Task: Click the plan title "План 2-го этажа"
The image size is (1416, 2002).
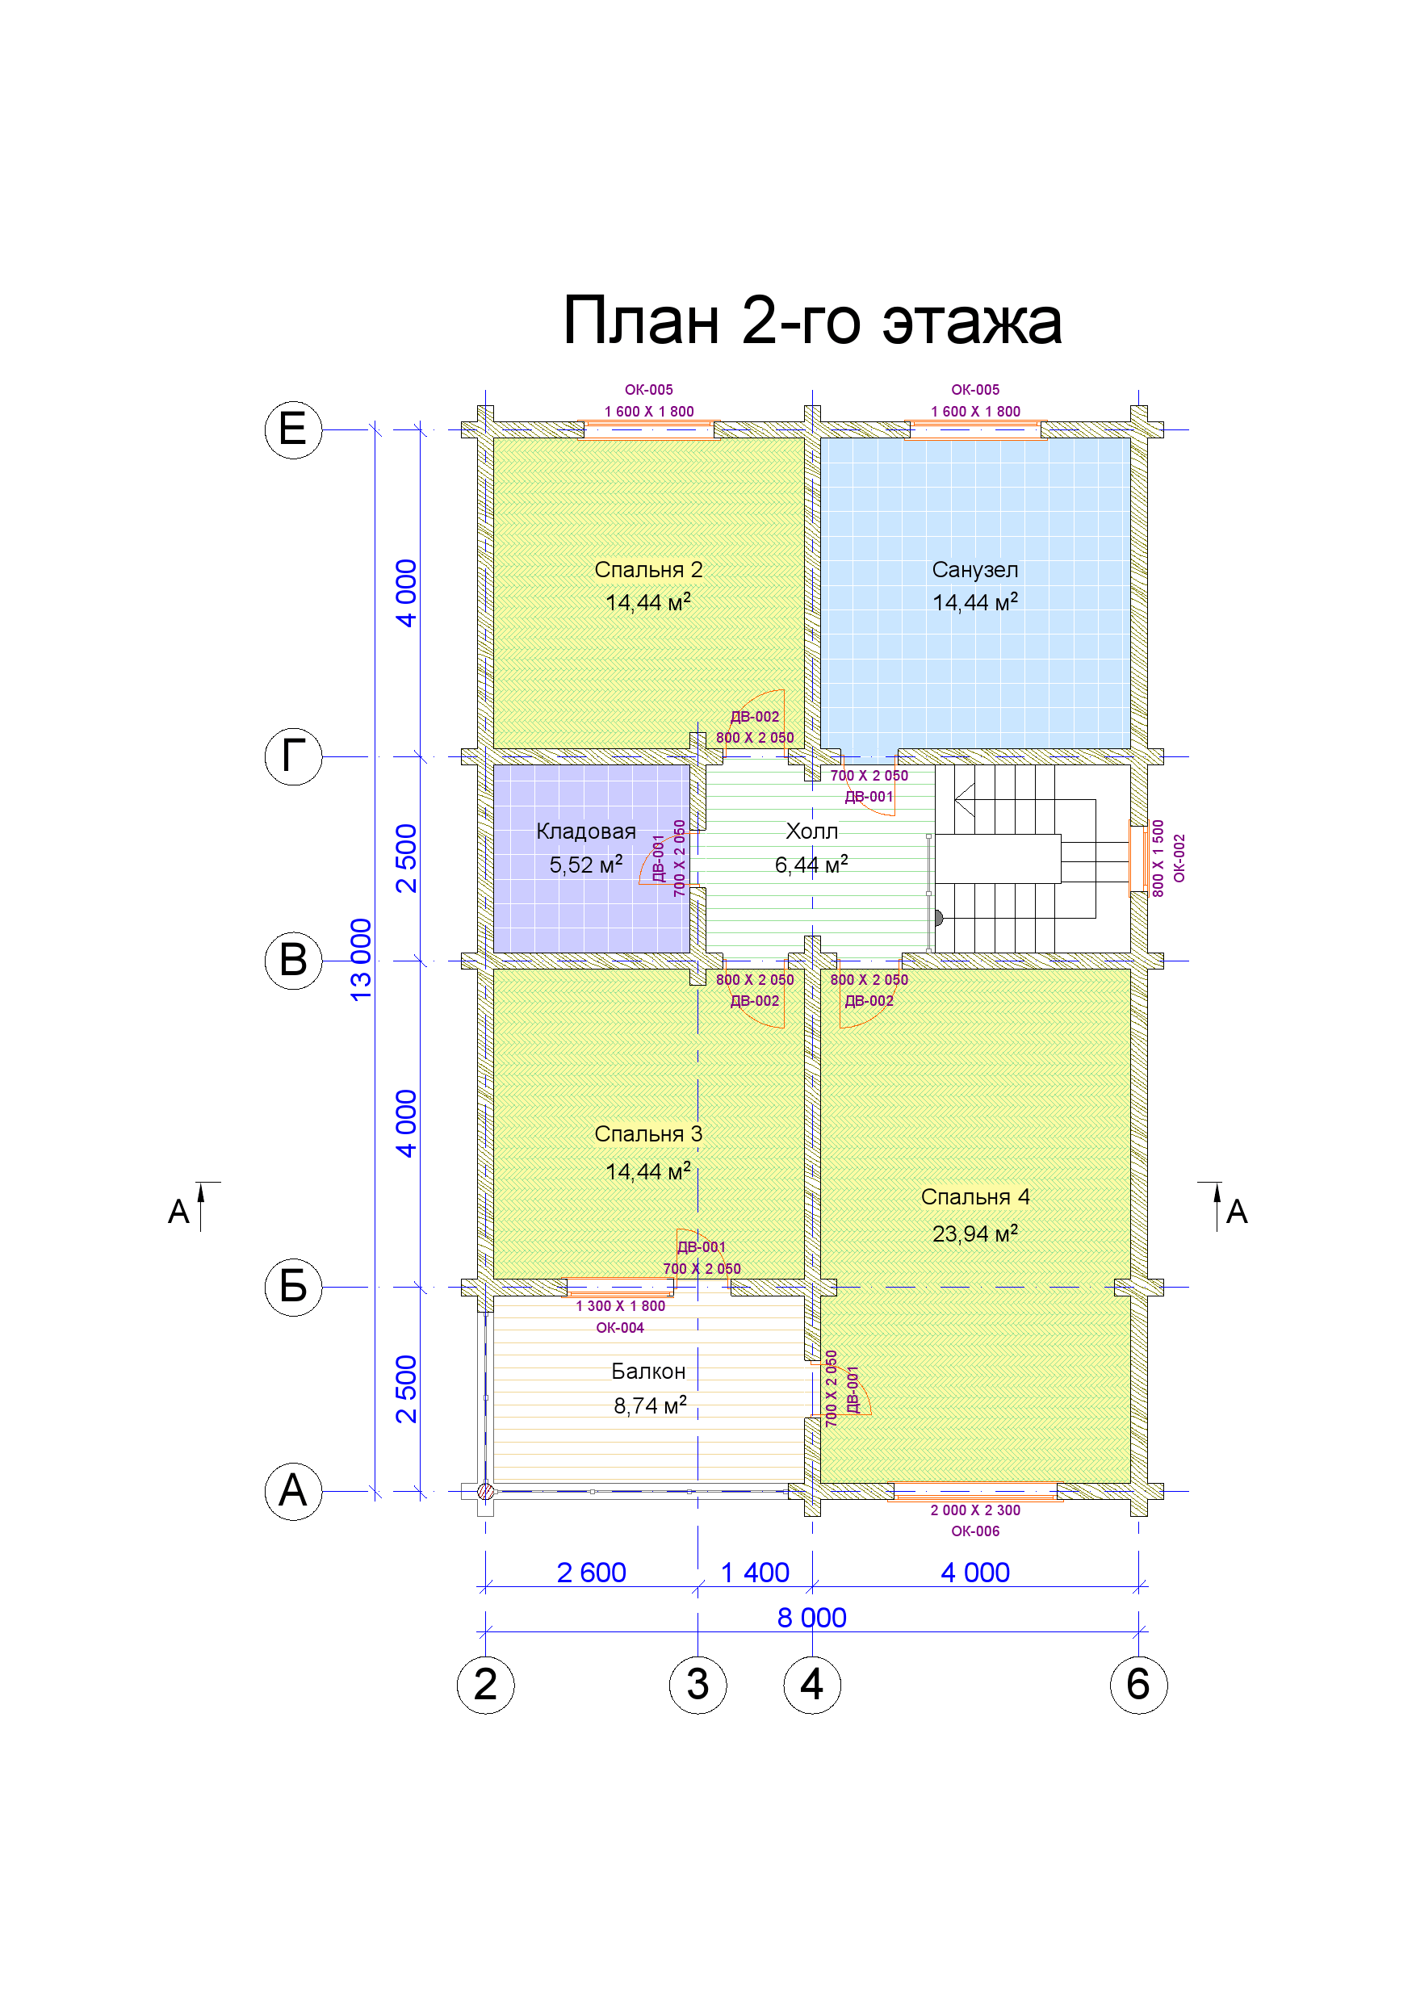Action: click(x=812, y=320)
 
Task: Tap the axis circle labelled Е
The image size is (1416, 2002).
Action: click(x=293, y=430)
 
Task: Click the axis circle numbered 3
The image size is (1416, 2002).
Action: click(x=698, y=1685)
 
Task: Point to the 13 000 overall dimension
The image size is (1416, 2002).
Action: click(x=361, y=959)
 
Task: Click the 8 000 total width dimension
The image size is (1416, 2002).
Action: click(x=812, y=1618)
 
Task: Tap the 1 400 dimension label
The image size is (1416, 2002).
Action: click(x=755, y=1572)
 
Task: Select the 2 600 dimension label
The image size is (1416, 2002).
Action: click(x=591, y=1572)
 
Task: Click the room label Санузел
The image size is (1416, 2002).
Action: click(x=974, y=569)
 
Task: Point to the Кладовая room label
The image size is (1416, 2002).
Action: click(x=586, y=831)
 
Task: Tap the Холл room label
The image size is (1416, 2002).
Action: click(x=812, y=831)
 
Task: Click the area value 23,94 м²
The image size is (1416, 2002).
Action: click(x=974, y=1233)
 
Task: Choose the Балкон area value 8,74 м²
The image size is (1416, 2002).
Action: click(x=650, y=1405)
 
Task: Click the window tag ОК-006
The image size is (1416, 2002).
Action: click(x=974, y=1531)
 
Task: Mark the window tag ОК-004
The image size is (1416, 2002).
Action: click(x=620, y=1328)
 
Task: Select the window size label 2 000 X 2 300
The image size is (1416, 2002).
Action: click(x=974, y=1510)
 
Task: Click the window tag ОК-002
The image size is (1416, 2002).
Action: click(x=1179, y=858)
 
